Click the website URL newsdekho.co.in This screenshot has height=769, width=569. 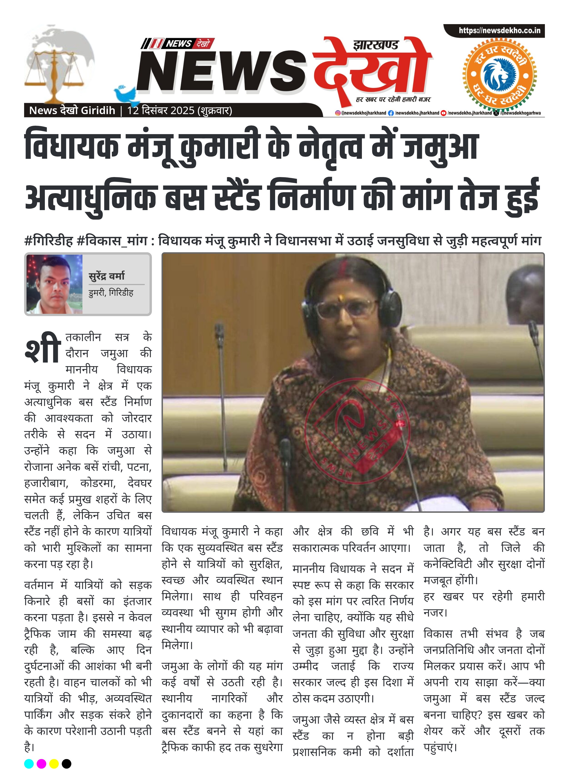click(499, 30)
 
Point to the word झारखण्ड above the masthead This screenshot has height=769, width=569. click(375, 45)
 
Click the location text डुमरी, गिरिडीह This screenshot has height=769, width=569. click(111, 293)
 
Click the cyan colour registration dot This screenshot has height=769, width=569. click(29, 763)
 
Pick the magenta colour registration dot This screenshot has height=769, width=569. click(41, 763)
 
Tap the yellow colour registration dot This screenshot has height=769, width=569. click(54, 763)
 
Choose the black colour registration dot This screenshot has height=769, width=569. click(67, 763)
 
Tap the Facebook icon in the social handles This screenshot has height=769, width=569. click(391, 113)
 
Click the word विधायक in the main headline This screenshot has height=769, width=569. click(72, 146)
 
